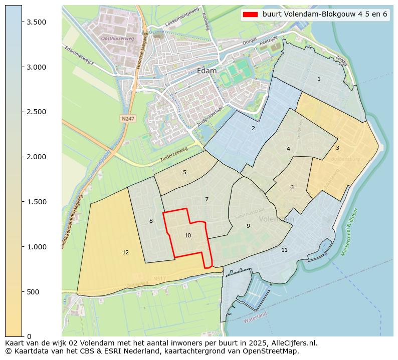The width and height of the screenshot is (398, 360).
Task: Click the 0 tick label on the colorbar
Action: [30, 336]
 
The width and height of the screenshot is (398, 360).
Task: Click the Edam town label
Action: [207, 71]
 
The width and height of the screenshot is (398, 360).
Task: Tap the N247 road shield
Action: [127, 119]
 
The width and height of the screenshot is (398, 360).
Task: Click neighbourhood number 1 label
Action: [319, 79]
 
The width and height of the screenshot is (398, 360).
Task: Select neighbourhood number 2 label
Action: [253, 129]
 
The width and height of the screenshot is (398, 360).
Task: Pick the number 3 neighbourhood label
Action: [337, 148]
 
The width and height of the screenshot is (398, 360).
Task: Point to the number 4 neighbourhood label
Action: [288, 149]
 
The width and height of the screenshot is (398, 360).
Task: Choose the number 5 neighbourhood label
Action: [184, 172]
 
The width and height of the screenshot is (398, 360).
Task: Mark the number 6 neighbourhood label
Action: [292, 188]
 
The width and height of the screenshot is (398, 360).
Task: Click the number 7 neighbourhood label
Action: [207, 199]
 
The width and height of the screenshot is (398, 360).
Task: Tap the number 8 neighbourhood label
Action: [151, 221]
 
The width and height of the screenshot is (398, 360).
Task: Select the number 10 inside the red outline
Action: [187, 235]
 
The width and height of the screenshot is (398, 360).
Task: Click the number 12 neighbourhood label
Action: [125, 252]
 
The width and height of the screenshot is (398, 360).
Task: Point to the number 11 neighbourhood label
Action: [284, 250]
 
